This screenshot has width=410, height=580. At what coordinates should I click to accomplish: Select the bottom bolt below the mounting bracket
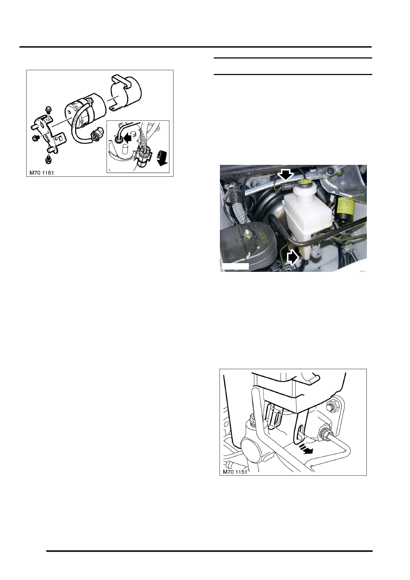tap(49, 160)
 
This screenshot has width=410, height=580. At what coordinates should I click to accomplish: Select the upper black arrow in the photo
tap(285, 175)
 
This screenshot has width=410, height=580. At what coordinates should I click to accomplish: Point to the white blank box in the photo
tap(235, 266)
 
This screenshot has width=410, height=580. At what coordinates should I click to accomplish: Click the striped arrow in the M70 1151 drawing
tap(307, 449)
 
